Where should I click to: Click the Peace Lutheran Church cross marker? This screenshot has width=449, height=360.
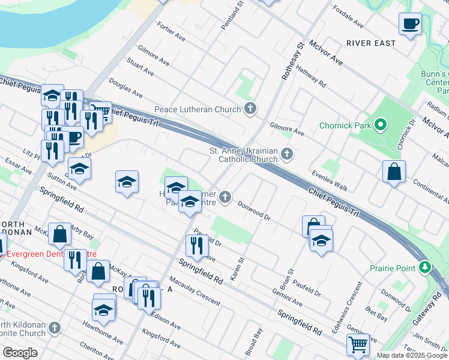tap(251, 109)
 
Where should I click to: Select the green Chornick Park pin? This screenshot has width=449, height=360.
tap(379, 125)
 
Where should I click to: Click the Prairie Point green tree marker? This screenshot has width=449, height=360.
tap(425, 266)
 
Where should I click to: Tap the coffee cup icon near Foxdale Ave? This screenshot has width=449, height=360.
tap(410, 24)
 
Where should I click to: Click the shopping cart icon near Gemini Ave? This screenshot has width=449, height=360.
tap(357, 345)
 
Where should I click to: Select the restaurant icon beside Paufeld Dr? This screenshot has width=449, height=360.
tap(197, 245)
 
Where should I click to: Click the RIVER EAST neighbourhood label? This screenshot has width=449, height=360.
tap(371, 43)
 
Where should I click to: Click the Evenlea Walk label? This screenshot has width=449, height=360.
tap(330, 180)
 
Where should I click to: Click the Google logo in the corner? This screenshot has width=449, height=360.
tap(20, 353)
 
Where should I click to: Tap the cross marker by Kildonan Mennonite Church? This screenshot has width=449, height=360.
tap(55, 328)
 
